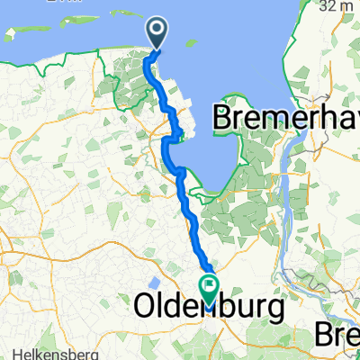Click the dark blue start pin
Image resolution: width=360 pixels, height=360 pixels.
pyautogui.click(x=157, y=34)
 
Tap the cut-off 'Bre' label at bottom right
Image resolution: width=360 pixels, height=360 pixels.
pyautogui.click(x=337, y=335)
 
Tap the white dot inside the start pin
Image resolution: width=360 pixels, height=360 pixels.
pyautogui.click(x=157, y=31)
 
